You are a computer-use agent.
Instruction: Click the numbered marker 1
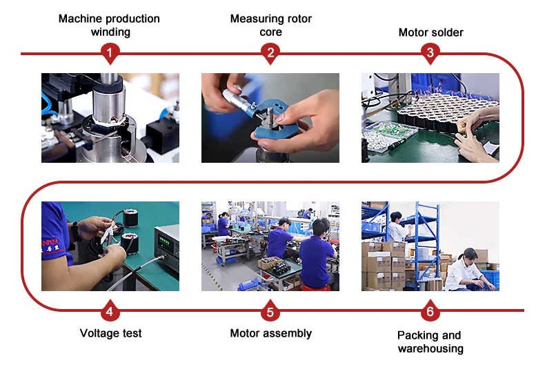[110, 52]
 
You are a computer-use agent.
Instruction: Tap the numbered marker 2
[270, 52]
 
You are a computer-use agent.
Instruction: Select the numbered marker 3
[430, 52]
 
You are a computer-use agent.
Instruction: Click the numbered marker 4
[110, 311]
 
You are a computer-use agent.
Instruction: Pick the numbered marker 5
[270, 311]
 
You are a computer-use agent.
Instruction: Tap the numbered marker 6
[430, 311]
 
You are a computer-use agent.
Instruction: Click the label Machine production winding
[109, 25]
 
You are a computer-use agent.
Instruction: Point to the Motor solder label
[430, 32]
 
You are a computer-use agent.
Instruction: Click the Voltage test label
[110, 333]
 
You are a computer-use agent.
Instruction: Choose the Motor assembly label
[270, 333]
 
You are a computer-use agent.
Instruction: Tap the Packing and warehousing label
[430, 341]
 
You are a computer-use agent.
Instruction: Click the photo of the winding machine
[110, 118]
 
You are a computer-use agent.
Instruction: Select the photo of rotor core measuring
[270, 118]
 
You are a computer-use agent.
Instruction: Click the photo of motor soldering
[430, 118]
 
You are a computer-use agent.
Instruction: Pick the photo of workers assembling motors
[270, 246]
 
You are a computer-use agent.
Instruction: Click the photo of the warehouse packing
[430, 246]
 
